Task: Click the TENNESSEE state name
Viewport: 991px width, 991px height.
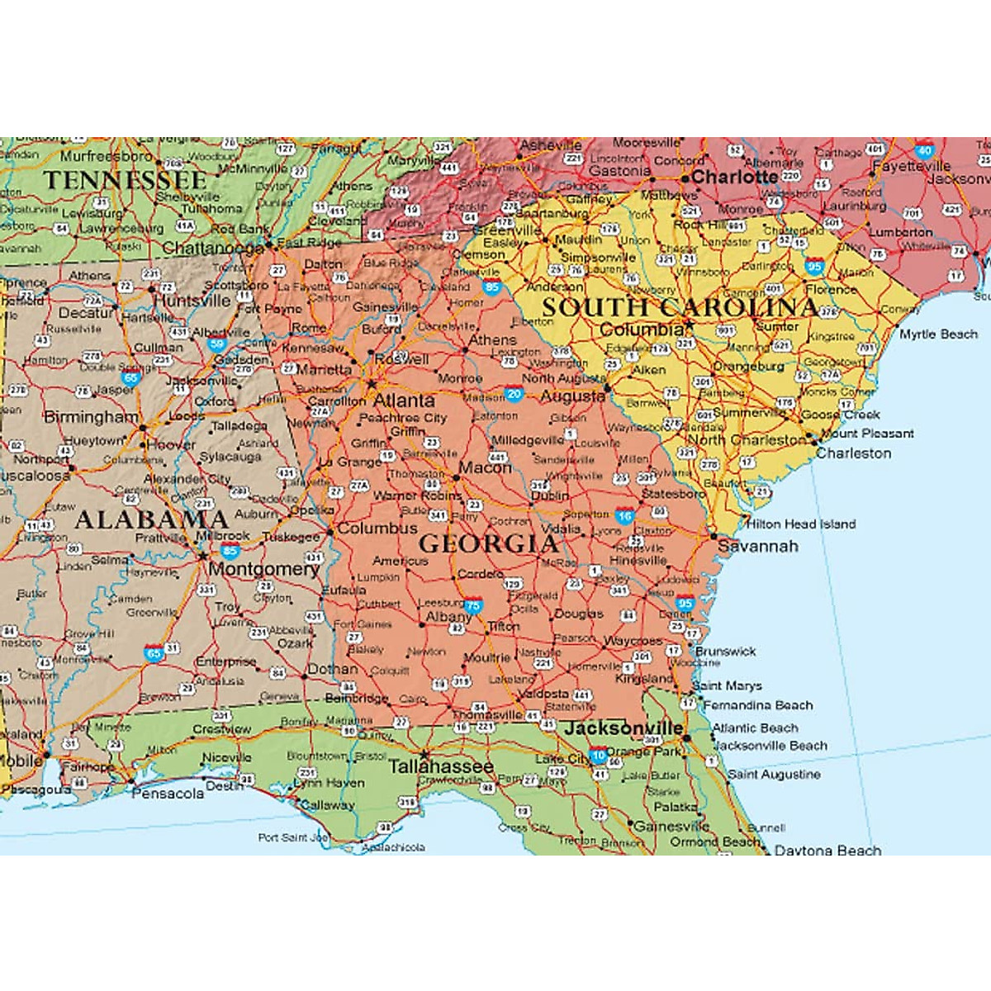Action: (x=125, y=180)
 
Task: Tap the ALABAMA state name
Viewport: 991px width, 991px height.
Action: (x=151, y=519)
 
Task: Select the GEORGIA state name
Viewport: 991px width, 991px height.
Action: (x=489, y=543)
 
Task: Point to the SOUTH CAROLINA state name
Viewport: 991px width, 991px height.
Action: (x=679, y=307)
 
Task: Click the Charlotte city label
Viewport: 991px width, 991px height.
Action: (x=734, y=177)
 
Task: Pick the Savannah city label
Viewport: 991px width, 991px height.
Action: (x=757, y=546)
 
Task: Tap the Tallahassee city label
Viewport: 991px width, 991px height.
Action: (x=441, y=766)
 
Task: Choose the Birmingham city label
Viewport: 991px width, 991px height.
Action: (x=91, y=417)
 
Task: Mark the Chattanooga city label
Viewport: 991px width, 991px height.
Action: (x=213, y=248)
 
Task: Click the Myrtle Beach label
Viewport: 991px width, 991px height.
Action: (x=938, y=334)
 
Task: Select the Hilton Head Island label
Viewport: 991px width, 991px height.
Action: (x=801, y=524)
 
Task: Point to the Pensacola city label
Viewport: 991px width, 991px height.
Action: (x=168, y=793)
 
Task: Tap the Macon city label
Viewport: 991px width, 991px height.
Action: (x=485, y=467)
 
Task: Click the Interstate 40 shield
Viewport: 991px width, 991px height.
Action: (x=924, y=150)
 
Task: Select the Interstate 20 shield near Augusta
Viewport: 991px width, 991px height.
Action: (x=514, y=395)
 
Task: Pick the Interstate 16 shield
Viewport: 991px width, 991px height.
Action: (x=624, y=517)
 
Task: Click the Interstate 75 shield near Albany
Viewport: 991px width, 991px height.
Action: (x=472, y=605)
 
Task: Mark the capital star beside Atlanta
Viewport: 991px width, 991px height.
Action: (x=372, y=384)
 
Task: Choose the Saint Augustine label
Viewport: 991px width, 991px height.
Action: (x=774, y=775)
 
